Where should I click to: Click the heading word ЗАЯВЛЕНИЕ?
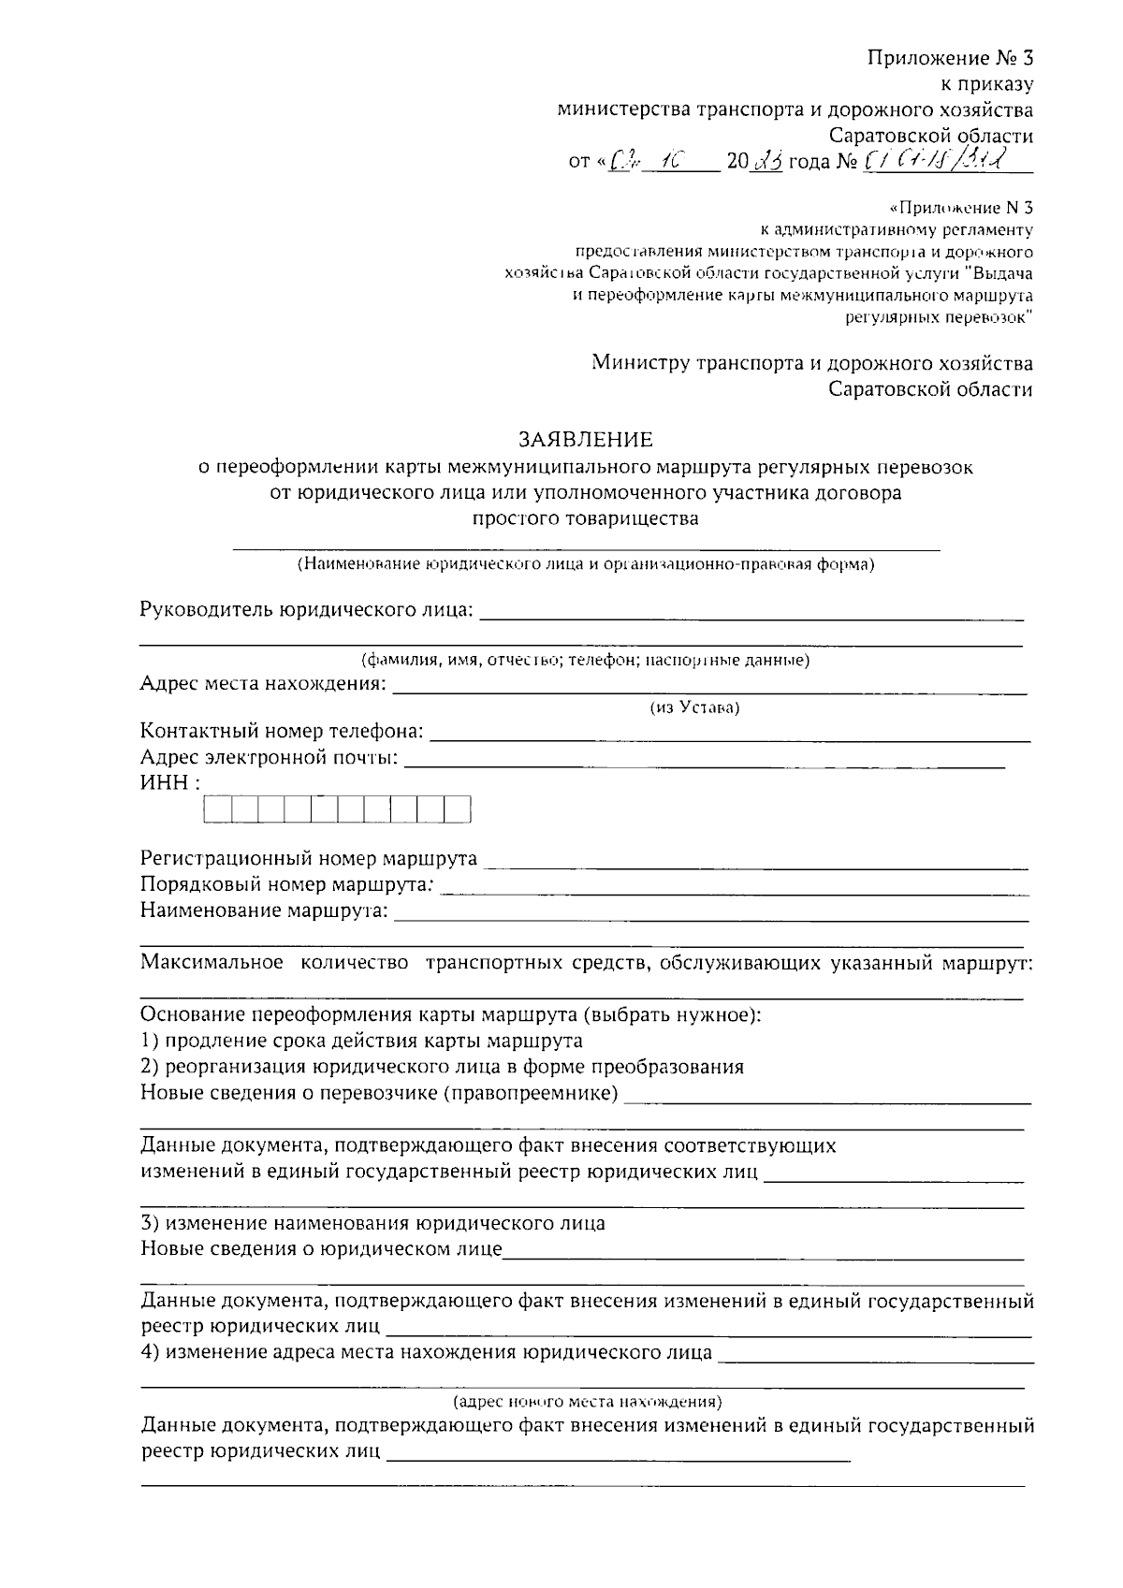[x=586, y=439]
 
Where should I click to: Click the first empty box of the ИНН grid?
[x=217, y=809]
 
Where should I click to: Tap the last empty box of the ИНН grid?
[x=457, y=809]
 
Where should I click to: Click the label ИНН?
[x=169, y=782]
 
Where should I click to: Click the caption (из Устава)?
[x=694, y=708]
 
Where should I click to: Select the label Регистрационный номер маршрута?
[x=309, y=858]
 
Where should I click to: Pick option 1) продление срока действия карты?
[x=361, y=1041]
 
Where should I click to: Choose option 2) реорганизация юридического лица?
[x=442, y=1067]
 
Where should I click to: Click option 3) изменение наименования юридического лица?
[x=372, y=1223]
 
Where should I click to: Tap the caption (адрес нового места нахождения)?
[x=586, y=1402]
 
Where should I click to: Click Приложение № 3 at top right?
[x=949, y=58]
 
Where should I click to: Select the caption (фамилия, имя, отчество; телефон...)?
[x=586, y=661]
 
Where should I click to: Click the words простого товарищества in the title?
[x=586, y=517]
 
